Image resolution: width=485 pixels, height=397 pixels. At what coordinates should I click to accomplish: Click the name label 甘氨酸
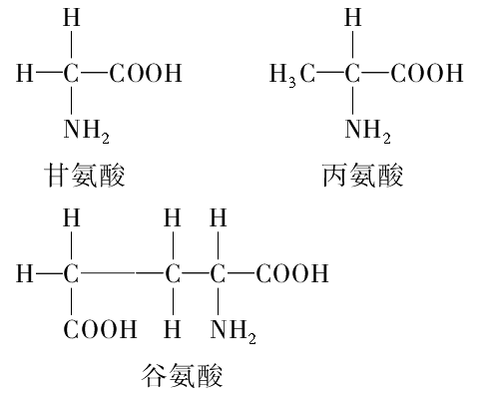click(x=85, y=175)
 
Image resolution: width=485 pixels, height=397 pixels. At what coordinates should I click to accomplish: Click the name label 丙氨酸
click(x=363, y=175)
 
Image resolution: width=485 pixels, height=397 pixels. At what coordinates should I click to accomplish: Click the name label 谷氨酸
click(x=182, y=375)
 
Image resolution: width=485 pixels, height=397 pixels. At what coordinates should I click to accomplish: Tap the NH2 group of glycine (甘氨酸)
click(x=86, y=131)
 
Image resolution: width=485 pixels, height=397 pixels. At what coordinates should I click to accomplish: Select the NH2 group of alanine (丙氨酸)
click(x=367, y=131)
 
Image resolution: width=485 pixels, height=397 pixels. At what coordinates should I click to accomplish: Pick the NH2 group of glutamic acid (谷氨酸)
click(x=233, y=331)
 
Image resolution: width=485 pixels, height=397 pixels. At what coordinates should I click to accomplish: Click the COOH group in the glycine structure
click(x=146, y=73)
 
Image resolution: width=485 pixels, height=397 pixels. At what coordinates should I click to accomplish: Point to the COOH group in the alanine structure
click(x=427, y=73)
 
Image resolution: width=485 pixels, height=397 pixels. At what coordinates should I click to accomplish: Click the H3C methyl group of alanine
click(x=292, y=75)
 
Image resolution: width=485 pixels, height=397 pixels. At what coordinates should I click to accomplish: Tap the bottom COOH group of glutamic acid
click(x=100, y=329)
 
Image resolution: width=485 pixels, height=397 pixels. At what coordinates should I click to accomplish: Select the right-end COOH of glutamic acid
click(x=292, y=273)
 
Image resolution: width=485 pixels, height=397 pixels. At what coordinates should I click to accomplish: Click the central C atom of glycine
click(x=71, y=73)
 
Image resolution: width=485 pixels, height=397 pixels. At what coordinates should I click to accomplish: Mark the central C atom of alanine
click(x=352, y=73)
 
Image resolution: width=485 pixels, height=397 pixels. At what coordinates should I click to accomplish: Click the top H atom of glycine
click(x=72, y=17)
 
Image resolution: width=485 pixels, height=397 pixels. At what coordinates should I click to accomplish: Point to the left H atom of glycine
click(x=25, y=73)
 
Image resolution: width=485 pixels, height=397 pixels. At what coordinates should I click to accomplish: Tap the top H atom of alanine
click(x=352, y=17)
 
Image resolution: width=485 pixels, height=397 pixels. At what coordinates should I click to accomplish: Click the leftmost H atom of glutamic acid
click(x=25, y=273)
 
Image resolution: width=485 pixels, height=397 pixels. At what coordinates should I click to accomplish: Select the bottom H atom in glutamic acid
click(x=173, y=329)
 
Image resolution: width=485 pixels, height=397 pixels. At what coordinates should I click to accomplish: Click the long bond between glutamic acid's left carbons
click(x=122, y=273)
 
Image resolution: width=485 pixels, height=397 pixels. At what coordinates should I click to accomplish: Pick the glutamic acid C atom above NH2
click(x=218, y=273)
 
